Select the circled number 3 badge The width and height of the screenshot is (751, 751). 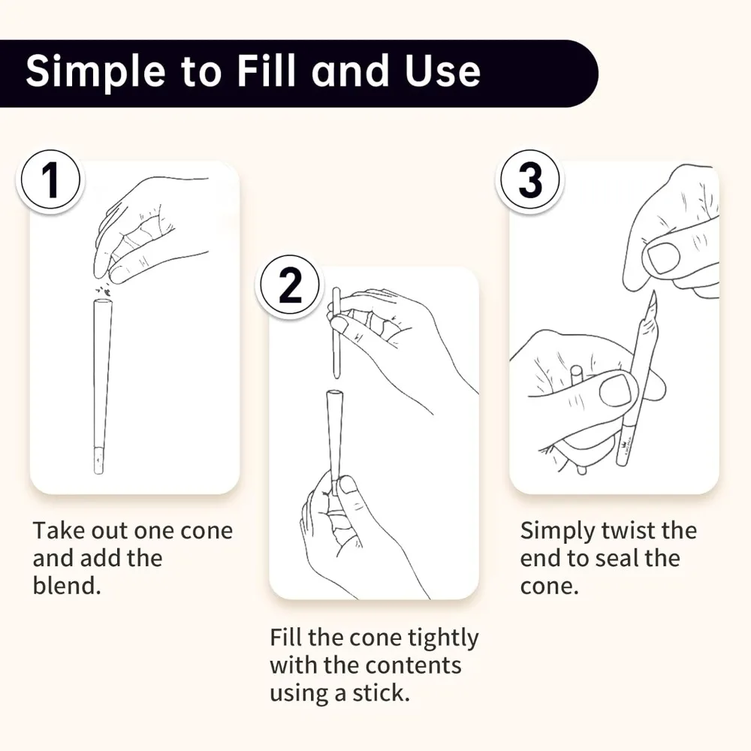coord(530,180)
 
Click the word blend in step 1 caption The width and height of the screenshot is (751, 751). coord(67,585)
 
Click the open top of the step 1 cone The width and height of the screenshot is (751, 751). coord(102,303)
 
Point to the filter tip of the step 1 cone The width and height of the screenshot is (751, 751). coord(98,460)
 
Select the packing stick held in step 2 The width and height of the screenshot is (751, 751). coord(336,333)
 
